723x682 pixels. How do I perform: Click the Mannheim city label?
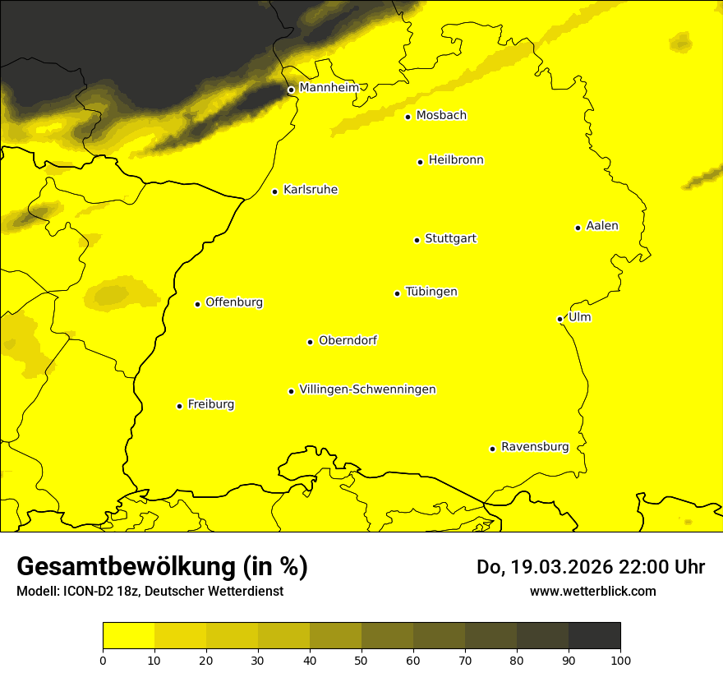point(329,88)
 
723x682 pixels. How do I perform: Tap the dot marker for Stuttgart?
point(417,240)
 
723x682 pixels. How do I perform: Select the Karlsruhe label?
point(311,190)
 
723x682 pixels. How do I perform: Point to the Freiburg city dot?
point(179,406)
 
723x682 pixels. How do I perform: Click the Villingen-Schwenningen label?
point(367,389)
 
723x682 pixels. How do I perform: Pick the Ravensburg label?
point(535,447)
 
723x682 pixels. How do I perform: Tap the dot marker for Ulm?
point(560,319)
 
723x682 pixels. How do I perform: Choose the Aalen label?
point(602,226)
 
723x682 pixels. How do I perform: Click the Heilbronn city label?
point(456,160)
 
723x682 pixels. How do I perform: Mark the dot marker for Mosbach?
point(408,117)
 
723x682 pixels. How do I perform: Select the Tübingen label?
point(431,292)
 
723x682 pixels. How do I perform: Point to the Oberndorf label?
point(348,340)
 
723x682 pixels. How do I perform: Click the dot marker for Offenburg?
point(197,304)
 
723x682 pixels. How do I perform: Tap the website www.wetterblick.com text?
point(592,591)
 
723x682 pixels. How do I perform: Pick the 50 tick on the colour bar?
point(361,659)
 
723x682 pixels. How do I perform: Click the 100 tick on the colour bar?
point(620,659)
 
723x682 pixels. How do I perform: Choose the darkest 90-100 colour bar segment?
point(594,635)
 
